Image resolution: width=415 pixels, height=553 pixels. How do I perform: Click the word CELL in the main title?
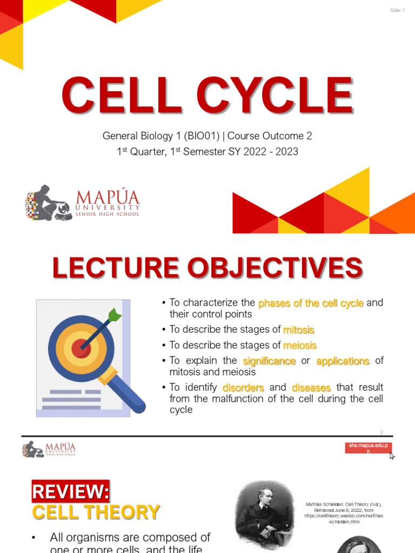[x=121, y=97]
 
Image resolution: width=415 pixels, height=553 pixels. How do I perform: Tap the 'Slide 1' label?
[x=397, y=11]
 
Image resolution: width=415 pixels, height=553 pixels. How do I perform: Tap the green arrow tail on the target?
[x=115, y=314]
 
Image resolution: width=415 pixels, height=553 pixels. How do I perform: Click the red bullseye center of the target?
[x=82, y=348]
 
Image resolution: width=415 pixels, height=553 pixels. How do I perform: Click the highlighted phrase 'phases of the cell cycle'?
[x=311, y=303]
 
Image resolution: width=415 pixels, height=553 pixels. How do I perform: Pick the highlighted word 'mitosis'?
[x=299, y=329]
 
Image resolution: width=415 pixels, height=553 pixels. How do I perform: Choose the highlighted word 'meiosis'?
[x=300, y=345]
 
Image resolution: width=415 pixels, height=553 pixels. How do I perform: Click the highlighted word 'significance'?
[x=269, y=361]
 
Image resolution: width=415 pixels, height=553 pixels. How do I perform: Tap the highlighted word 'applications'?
[x=343, y=361]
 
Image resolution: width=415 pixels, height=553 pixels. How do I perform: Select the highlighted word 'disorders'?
[x=243, y=387]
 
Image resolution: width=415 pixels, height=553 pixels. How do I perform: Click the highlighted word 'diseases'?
[x=311, y=387]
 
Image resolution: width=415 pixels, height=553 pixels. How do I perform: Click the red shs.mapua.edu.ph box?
[x=369, y=448]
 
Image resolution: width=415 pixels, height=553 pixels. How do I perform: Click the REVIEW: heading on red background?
[x=70, y=491]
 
